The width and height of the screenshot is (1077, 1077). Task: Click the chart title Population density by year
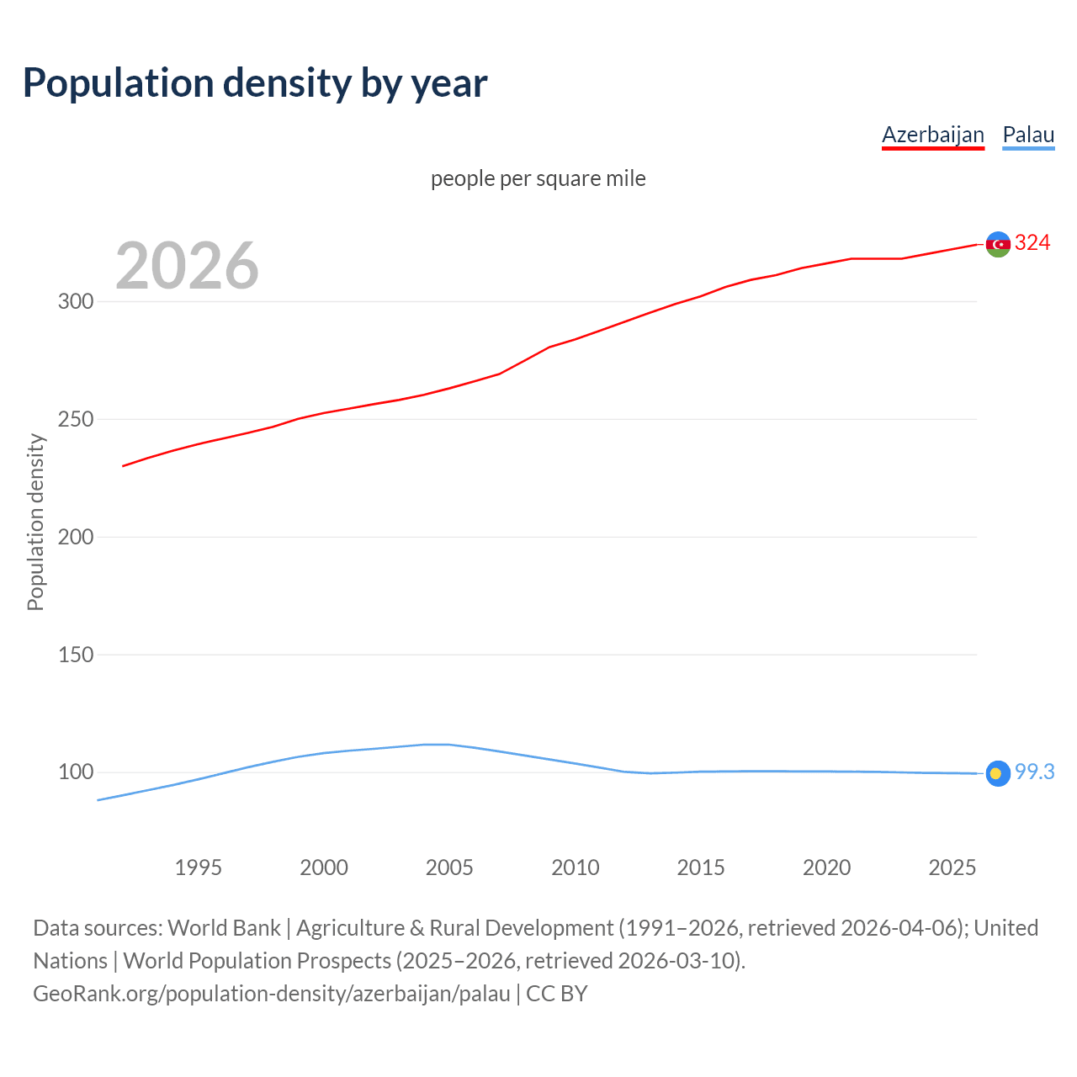(x=255, y=83)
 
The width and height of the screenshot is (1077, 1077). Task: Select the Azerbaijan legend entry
(x=932, y=135)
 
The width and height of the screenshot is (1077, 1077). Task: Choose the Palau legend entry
(x=1028, y=135)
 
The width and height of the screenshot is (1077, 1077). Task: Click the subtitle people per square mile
(x=538, y=178)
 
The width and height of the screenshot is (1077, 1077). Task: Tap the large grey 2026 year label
(x=187, y=266)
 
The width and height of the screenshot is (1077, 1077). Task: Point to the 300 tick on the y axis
(x=76, y=301)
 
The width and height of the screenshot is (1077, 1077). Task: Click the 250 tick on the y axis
(x=76, y=419)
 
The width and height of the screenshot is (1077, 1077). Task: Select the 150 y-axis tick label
(x=76, y=655)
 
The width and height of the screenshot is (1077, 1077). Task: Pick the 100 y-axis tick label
(x=76, y=772)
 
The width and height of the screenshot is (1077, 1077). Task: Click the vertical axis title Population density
(x=35, y=522)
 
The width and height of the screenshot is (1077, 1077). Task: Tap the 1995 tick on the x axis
(x=198, y=867)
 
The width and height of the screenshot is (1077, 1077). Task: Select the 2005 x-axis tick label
(x=449, y=867)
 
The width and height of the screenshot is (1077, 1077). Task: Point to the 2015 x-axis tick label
(x=701, y=867)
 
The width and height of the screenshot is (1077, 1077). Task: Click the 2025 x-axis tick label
(x=952, y=867)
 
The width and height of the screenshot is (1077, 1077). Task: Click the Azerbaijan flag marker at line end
(x=998, y=244)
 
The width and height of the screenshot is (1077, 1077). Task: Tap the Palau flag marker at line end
(x=998, y=773)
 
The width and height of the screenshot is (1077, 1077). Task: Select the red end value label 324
(x=1032, y=243)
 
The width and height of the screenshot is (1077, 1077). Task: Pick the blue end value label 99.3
(x=1034, y=772)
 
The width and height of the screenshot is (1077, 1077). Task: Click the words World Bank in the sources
(x=224, y=928)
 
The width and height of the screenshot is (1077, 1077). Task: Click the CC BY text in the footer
(x=556, y=994)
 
